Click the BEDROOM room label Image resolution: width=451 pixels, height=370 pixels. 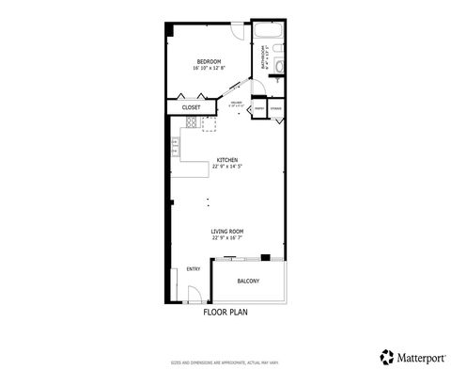(x=209, y=62)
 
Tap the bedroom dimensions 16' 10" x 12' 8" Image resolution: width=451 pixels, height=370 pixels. (x=209, y=68)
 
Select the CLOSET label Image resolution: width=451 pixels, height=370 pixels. (x=191, y=107)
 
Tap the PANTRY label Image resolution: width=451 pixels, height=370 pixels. (x=258, y=109)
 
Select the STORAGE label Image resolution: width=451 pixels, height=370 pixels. (x=276, y=109)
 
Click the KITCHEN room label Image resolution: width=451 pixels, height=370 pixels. (x=227, y=160)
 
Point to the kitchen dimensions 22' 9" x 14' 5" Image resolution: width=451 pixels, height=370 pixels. (x=227, y=167)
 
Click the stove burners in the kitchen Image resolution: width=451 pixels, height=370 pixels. (x=175, y=145)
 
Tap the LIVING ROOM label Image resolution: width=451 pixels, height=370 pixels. (x=227, y=231)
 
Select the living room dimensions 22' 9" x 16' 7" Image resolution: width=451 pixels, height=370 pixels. (x=227, y=237)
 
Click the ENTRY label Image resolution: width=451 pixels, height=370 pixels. (x=194, y=268)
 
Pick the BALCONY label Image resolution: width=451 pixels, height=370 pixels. (x=248, y=281)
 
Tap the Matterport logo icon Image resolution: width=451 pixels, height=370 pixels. (x=387, y=356)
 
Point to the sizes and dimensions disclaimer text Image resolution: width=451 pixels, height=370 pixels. (x=226, y=361)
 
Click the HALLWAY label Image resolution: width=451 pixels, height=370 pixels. (x=237, y=103)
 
